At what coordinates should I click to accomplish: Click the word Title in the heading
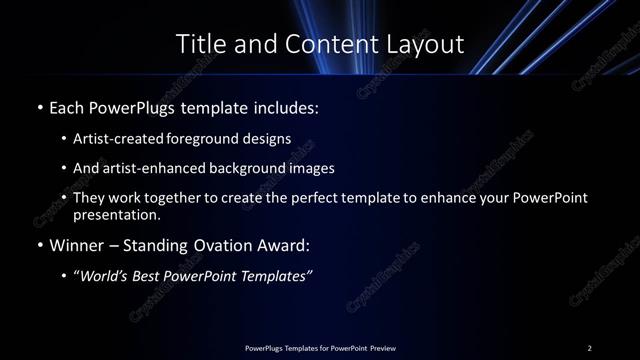click(198, 44)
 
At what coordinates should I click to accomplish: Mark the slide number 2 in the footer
click(589, 348)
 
